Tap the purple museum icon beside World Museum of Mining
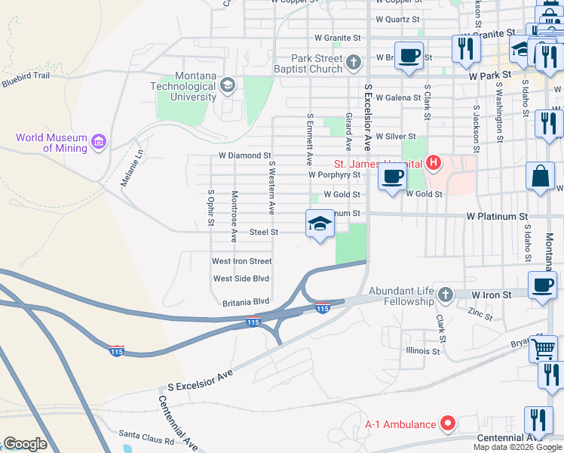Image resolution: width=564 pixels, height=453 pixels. point(97,142)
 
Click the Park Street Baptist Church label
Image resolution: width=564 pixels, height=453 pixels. point(318,64)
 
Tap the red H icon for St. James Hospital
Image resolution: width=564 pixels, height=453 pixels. point(433,162)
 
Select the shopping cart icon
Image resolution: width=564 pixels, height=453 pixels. point(543,348)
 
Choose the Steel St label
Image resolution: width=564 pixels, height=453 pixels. point(265,233)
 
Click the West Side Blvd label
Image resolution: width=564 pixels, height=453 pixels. point(241,279)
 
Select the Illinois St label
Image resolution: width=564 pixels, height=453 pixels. point(422,351)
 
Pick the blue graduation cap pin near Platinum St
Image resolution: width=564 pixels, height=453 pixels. point(320,223)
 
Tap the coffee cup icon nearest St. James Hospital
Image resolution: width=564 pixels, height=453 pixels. point(391,178)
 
